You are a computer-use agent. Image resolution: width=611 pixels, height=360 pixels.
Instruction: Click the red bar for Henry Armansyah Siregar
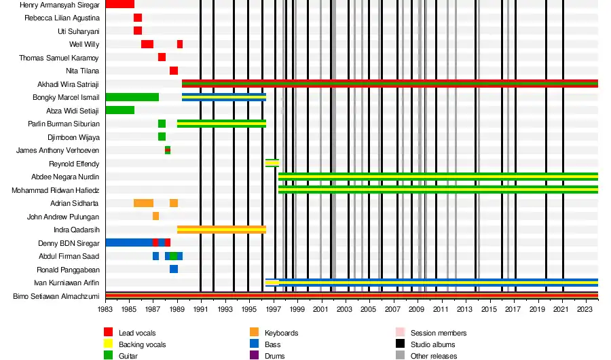119,4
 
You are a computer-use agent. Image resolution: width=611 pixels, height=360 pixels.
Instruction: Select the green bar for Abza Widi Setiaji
119,110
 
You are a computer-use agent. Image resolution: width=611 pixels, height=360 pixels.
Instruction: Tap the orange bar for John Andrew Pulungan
155,216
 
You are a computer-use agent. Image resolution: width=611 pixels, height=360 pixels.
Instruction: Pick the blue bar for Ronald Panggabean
174,269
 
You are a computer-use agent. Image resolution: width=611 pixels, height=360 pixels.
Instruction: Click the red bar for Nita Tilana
174,71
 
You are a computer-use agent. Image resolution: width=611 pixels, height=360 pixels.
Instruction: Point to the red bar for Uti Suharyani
138,31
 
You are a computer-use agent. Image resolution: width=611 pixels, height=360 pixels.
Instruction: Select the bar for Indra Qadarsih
221,230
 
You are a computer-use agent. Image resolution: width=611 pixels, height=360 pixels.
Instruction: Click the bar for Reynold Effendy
272,163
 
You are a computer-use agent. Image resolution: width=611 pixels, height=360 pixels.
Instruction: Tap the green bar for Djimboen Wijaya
162,137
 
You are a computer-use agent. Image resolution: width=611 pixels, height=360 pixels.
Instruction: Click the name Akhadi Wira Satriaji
68,84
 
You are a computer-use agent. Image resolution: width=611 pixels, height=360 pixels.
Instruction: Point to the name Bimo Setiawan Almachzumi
56,296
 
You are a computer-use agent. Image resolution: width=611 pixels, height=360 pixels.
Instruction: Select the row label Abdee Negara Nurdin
65,177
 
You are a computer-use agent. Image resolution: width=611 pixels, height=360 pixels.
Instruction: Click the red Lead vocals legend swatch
108,332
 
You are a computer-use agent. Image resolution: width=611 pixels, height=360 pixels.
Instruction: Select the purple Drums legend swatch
255,355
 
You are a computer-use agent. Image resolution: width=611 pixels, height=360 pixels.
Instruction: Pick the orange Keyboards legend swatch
255,332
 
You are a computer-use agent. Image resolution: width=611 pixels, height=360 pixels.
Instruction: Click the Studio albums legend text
433,344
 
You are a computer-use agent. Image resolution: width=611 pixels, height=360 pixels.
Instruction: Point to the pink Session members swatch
400,332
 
